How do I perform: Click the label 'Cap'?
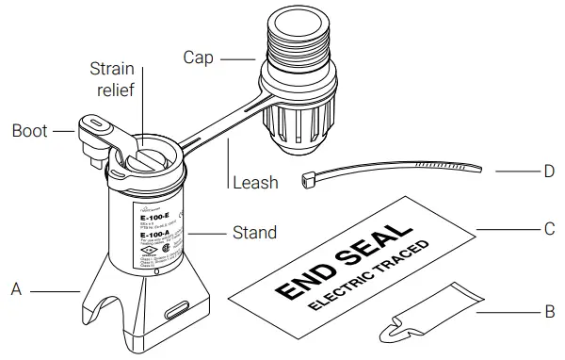click(x=199, y=58)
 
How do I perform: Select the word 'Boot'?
click(x=30, y=131)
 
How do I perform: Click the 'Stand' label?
click(x=254, y=232)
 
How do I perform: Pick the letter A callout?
click(x=16, y=290)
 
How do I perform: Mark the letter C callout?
click(x=549, y=229)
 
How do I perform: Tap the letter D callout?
click(x=549, y=172)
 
